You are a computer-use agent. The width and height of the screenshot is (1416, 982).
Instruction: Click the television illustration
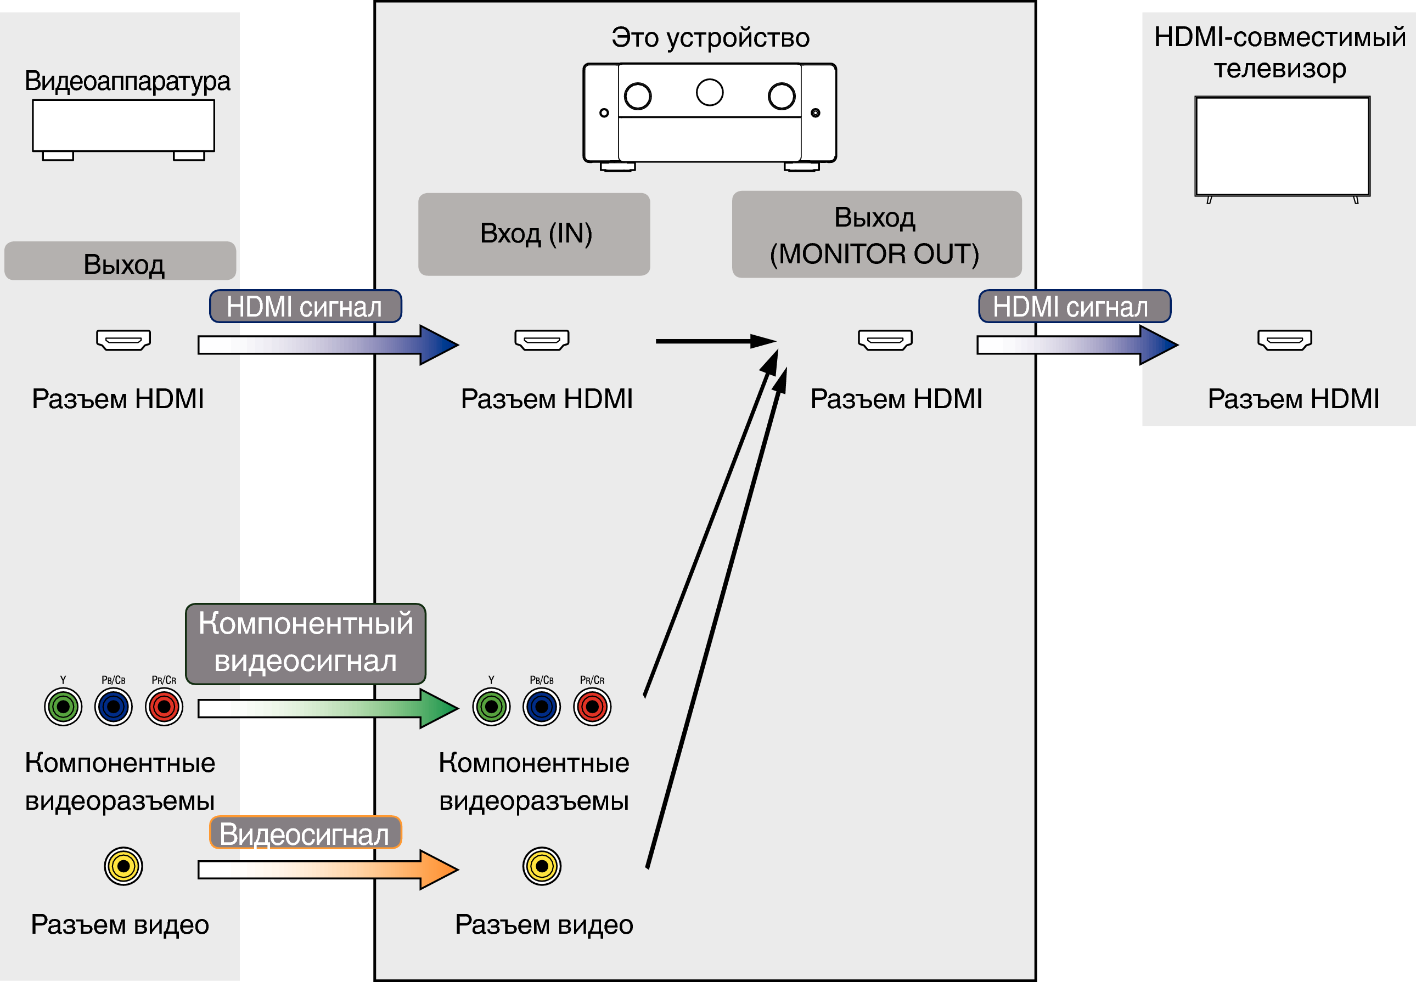(x=1282, y=147)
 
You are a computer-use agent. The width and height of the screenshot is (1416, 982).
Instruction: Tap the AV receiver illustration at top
(x=709, y=114)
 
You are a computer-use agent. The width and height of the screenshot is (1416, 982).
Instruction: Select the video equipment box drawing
(x=123, y=128)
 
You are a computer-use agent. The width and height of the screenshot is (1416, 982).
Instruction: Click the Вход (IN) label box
(x=534, y=234)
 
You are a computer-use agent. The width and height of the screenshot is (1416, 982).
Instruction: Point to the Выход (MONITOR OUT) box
(x=876, y=234)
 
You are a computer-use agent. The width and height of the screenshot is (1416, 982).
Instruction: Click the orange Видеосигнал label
(x=305, y=833)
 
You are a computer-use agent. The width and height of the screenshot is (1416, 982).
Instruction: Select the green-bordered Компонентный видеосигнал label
(x=305, y=644)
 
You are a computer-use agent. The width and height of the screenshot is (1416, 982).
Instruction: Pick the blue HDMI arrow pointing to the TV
(x=1077, y=345)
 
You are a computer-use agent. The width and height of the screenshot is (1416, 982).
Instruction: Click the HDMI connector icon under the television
(x=1284, y=340)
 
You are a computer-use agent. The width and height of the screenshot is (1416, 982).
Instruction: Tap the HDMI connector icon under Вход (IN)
(x=542, y=340)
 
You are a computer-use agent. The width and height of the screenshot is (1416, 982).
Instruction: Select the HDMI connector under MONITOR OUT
(x=885, y=340)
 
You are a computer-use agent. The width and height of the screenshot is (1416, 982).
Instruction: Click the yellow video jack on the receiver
(x=542, y=866)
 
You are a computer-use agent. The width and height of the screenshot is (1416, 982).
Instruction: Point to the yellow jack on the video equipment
(x=123, y=866)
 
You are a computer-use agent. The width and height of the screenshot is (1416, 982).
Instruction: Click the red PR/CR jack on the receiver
(x=592, y=707)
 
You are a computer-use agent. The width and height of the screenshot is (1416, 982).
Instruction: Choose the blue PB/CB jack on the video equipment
(x=113, y=707)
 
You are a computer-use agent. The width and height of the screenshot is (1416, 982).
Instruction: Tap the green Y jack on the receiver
(x=491, y=707)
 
